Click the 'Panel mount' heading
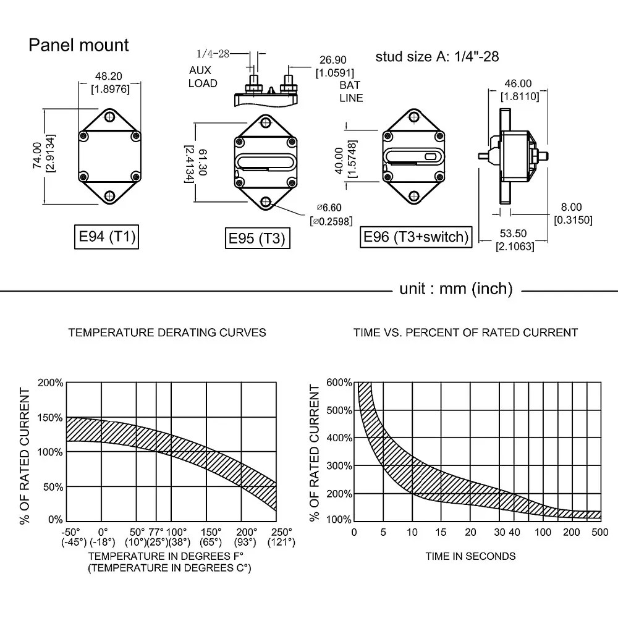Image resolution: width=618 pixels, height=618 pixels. pos(78,45)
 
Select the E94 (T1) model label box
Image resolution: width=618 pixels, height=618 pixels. pos(106,237)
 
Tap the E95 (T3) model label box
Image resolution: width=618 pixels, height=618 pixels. pos(257,238)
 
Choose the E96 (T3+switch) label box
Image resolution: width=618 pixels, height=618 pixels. pos(416,237)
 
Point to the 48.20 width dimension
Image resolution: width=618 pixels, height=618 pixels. pos(109,76)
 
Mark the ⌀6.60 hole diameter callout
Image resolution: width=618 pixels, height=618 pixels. pos(329,207)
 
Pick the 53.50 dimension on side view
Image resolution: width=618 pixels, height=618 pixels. pos(513,234)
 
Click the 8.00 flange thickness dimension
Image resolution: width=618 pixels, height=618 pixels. pos(571,207)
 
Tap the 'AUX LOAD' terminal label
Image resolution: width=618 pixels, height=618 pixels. pos(203,77)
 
